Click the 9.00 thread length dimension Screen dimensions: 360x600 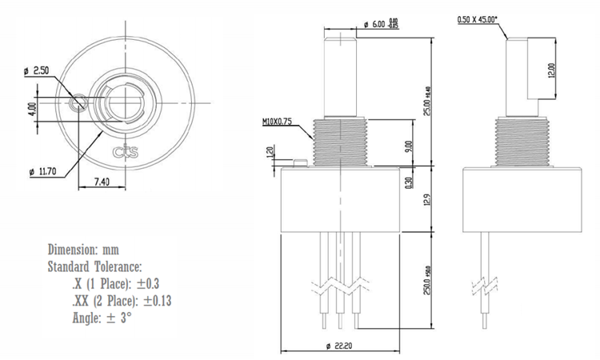(x=408, y=146)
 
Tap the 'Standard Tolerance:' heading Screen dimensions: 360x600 (x=95, y=266)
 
